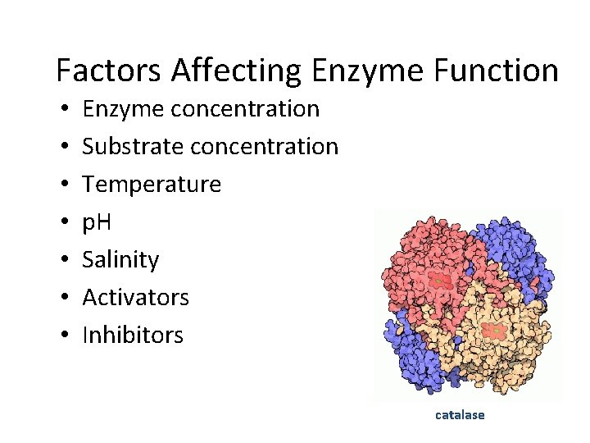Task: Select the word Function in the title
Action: click(x=498, y=71)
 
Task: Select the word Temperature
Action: click(x=152, y=184)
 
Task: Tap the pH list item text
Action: click(x=99, y=221)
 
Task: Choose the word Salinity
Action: click(x=120, y=259)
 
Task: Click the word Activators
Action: click(x=135, y=297)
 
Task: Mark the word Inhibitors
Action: click(x=133, y=335)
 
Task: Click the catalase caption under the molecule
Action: click(x=460, y=415)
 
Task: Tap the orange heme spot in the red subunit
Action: click(x=439, y=281)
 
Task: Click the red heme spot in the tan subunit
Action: click(x=494, y=331)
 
